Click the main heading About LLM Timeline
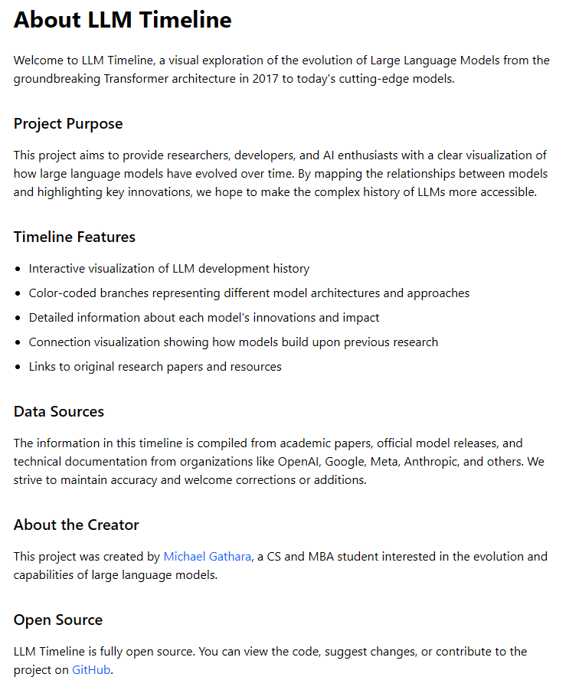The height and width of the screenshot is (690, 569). (x=123, y=21)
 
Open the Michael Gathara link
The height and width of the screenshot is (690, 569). (x=208, y=557)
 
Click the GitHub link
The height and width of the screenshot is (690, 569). (x=91, y=670)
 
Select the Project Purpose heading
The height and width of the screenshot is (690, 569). (x=68, y=124)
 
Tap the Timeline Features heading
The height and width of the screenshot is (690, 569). (x=74, y=237)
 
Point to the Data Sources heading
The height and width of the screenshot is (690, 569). (x=59, y=412)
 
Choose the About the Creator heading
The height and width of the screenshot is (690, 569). (x=77, y=525)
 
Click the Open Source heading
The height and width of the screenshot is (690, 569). (x=58, y=620)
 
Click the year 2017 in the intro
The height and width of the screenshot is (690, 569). (x=265, y=79)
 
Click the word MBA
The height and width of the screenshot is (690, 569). (x=324, y=557)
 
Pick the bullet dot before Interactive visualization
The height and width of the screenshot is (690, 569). (x=18, y=269)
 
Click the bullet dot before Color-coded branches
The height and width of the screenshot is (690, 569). (x=18, y=293)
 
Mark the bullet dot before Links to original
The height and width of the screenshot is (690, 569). (x=18, y=367)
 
